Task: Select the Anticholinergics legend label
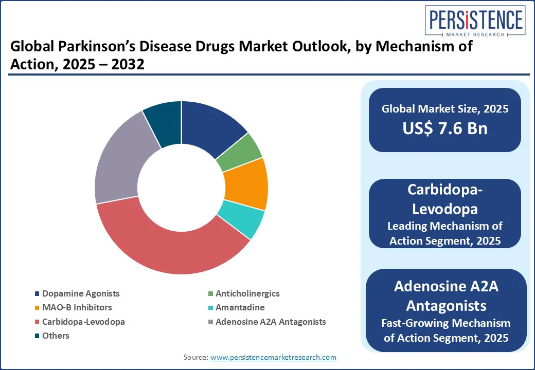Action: click(247, 294)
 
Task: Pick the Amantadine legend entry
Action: click(240, 308)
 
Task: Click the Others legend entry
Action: click(56, 336)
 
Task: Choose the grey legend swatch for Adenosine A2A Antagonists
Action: click(210, 322)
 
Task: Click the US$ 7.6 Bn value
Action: click(445, 128)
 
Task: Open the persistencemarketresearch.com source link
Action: click(273, 357)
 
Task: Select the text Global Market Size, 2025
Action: click(445, 109)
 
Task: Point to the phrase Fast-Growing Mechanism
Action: click(445, 323)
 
